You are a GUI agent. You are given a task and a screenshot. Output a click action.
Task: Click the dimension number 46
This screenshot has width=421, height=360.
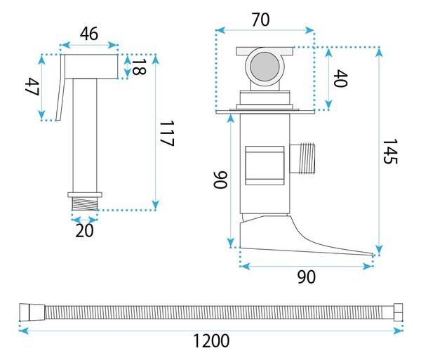click(x=89, y=34)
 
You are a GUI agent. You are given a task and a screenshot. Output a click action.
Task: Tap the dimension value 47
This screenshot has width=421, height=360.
click(x=32, y=87)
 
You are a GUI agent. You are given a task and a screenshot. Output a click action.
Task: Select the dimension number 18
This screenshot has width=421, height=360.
click(x=139, y=67)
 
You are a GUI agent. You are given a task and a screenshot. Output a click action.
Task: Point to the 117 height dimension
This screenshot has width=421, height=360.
click(x=167, y=133)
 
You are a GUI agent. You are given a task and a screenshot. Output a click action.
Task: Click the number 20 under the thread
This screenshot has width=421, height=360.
click(x=85, y=230)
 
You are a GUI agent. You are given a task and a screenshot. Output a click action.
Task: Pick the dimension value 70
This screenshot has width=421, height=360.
click(x=261, y=20)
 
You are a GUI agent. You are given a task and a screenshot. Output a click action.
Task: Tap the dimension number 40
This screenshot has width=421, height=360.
click(x=340, y=79)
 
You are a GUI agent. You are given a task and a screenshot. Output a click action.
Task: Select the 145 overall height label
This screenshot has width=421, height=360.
click(x=390, y=152)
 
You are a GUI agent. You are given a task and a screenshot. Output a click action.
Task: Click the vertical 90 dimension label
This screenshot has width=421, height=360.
click(x=220, y=180)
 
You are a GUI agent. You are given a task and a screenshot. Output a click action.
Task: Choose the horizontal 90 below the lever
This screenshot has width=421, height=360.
click(x=307, y=277)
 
